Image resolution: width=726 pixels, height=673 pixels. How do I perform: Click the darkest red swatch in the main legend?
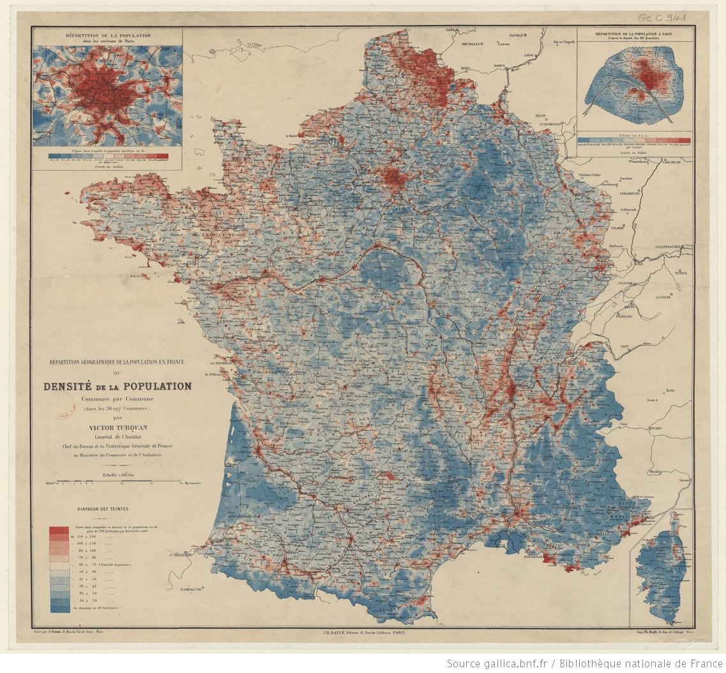[x=59, y=530]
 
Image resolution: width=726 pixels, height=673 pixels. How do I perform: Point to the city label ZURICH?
[x=681, y=273]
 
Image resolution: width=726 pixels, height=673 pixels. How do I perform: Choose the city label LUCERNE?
[x=668, y=297]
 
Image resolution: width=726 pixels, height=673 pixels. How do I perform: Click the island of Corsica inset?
[x=661, y=571]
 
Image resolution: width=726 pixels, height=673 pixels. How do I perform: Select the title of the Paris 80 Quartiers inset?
[x=633, y=33]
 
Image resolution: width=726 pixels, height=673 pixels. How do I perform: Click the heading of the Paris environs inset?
[x=107, y=36]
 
